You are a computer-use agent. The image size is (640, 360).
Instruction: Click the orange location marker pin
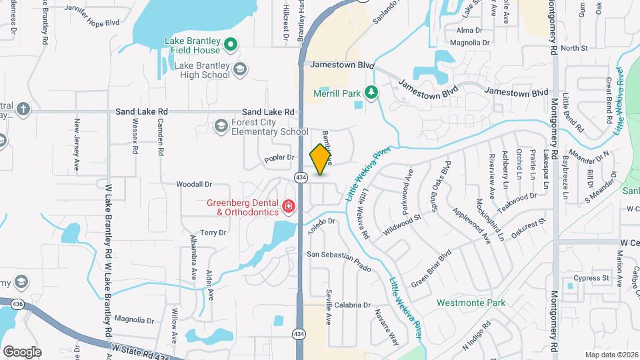(321, 159)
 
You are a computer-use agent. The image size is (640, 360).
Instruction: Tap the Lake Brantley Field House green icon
(231, 45)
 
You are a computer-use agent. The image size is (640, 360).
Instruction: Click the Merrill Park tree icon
(370, 93)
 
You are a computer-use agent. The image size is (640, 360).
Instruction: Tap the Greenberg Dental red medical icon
(289, 207)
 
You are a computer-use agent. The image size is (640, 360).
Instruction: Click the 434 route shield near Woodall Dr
(301, 177)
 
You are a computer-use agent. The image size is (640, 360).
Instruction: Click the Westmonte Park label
(471, 303)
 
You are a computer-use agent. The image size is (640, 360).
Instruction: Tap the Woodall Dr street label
(193, 184)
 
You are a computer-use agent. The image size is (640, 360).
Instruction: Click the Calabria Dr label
(353, 305)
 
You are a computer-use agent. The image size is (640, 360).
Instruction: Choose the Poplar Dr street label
(279, 158)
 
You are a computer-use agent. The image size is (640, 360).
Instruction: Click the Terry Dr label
(213, 233)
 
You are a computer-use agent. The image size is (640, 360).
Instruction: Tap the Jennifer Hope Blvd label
(91, 22)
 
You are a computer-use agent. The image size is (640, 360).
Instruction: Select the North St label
(573, 48)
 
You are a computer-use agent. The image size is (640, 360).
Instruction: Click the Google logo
(22, 351)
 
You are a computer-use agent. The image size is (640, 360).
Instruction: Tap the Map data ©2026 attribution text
(611, 355)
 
